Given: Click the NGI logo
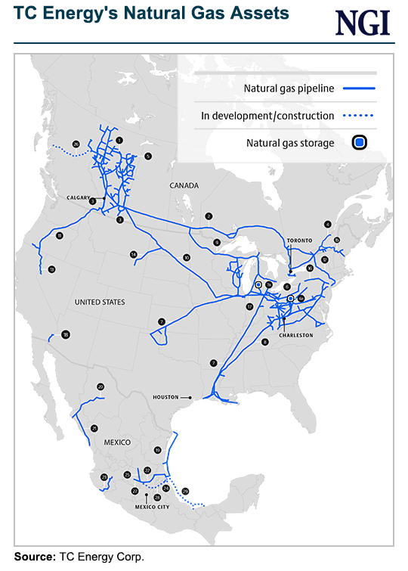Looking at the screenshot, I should click(363, 22).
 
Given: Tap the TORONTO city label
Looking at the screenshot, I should click(299, 240).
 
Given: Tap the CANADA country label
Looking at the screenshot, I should click(184, 185).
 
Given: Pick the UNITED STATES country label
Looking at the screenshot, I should click(100, 302).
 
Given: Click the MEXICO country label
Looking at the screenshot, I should click(118, 442).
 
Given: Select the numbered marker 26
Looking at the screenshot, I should click(76, 144).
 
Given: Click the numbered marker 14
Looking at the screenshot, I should click(133, 254).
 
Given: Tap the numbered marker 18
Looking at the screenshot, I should click(66, 335).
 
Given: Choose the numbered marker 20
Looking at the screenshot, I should click(100, 387).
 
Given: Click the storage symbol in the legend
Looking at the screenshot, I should click(360, 142).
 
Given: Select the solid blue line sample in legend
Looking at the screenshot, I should click(360, 88).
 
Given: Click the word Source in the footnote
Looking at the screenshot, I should click(32, 557).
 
